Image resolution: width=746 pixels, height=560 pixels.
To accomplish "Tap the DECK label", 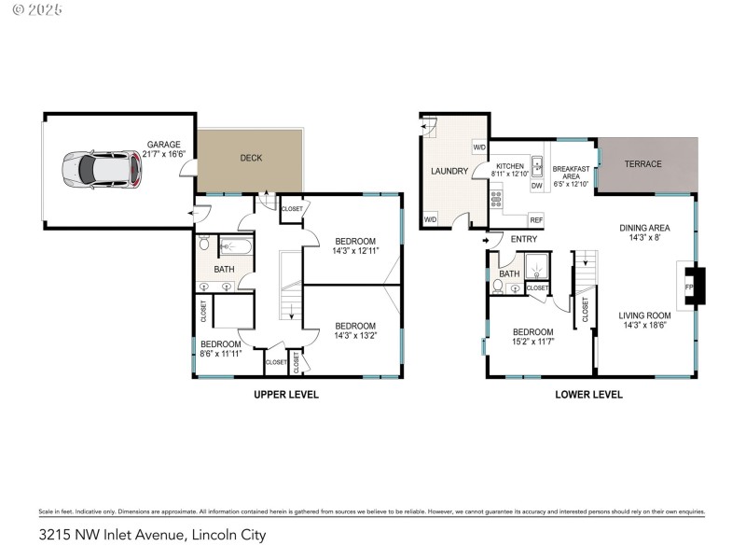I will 251,158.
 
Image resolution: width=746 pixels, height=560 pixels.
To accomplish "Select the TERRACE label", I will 642,164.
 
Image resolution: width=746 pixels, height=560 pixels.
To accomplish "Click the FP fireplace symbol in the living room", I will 691,287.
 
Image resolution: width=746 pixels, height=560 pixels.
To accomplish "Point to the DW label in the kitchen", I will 536,186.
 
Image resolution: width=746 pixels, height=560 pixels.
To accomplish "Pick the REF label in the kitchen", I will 535,220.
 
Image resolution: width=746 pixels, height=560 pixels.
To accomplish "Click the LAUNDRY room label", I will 449,172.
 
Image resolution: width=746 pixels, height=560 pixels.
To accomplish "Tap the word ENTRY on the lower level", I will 524,240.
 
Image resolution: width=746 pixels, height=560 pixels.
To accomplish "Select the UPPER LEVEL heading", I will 286,395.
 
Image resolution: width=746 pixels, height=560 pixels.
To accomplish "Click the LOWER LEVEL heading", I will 588,395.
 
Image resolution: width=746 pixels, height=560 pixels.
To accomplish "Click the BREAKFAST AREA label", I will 570,176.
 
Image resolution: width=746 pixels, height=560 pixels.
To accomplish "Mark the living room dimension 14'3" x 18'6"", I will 644,327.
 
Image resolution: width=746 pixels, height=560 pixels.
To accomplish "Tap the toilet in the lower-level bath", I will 499,287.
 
